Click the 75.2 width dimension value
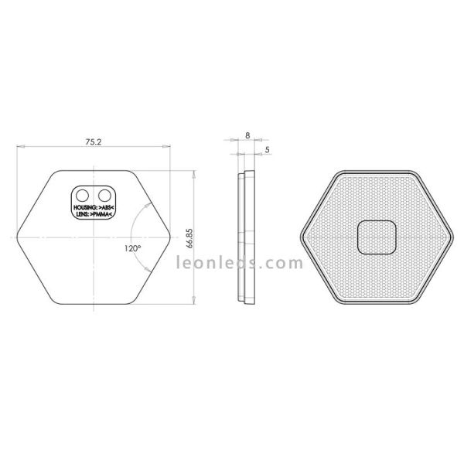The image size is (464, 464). coord(93,142)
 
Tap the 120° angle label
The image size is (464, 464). coord(131,248)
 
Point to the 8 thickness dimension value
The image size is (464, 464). coord(247,135)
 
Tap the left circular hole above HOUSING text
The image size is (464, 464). coord(83,191)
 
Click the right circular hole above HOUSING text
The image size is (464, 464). coord(103,191)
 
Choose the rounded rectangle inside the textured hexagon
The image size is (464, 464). coord(377,237)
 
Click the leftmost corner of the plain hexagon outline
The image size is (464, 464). coord(16,237)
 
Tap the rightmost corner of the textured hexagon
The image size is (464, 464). coord(452,237)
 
